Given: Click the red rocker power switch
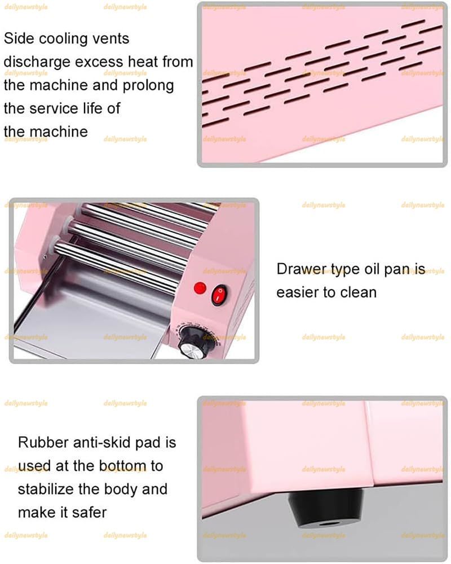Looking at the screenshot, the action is tap(219, 295).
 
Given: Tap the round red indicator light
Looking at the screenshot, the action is tap(200, 288).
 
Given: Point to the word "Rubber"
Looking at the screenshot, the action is tap(43, 443).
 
